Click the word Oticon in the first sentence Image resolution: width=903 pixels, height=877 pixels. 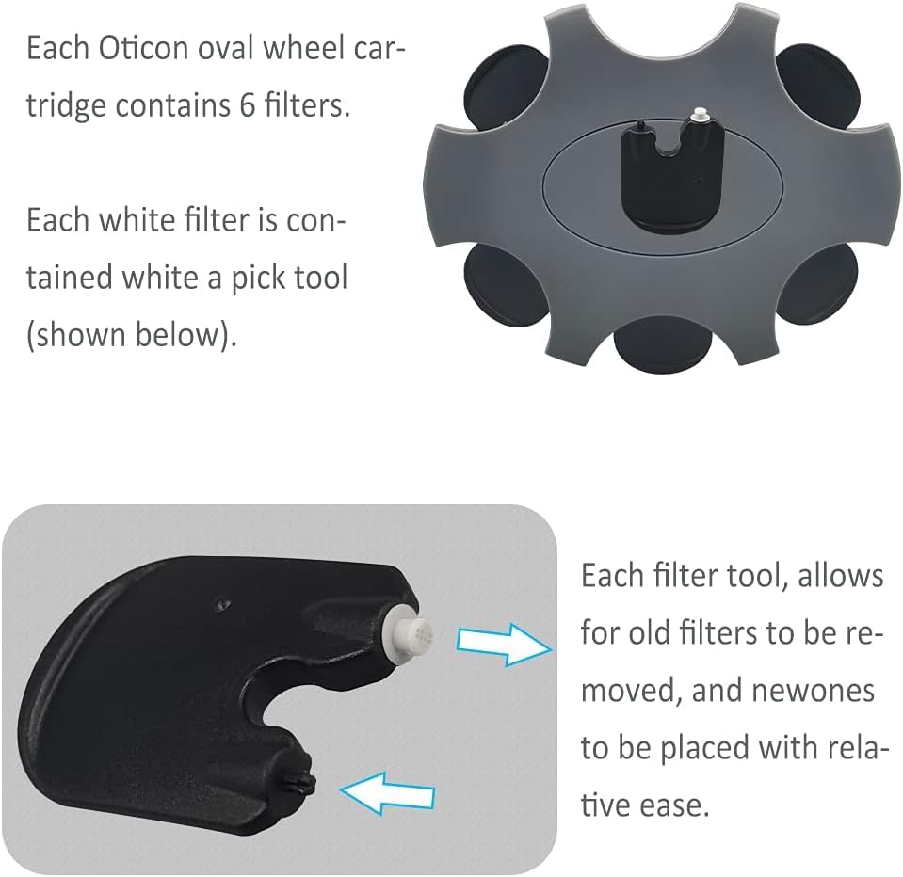pyautogui.click(x=143, y=48)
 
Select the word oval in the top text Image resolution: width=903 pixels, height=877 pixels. pyautogui.click(x=226, y=48)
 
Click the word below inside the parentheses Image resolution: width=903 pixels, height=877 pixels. pyautogui.click(x=182, y=334)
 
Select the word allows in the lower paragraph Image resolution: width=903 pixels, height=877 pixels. pyautogui.click(x=840, y=576)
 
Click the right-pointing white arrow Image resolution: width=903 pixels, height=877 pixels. pyautogui.click(x=505, y=645)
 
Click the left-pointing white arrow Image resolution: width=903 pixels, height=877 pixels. pyautogui.click(x=387, y=792)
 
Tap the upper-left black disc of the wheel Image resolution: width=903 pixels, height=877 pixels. pyautogui.click(x=503, y=88)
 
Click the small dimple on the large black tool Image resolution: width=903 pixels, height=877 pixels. pyautogui.click(x=221, y=604)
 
